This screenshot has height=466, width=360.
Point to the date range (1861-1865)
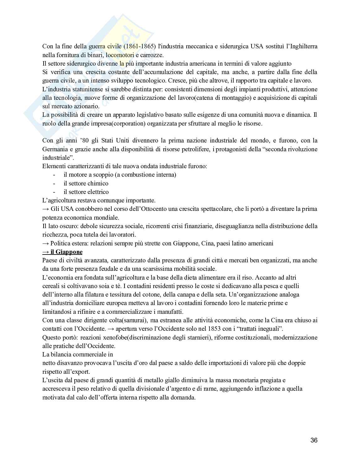(x=139, y=46)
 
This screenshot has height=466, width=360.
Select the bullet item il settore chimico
(x=86, y=183)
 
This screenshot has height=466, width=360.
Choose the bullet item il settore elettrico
(x=86, y=192)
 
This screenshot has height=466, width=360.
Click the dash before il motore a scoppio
(x=54, y=175)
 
